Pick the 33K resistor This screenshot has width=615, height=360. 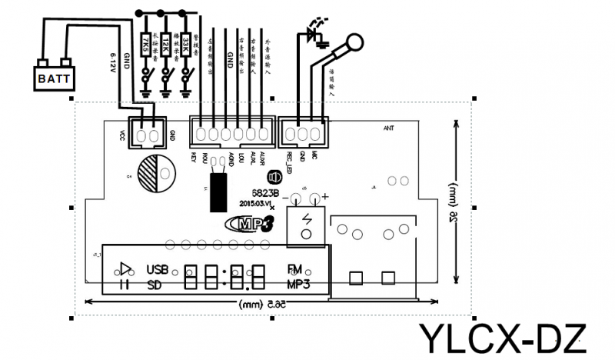click(x=185, y=44)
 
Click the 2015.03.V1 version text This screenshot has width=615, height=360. click(x=256, y=204)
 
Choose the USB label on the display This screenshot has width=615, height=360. click(x=156, y=269)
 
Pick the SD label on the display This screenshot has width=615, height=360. click(x=153, y=285)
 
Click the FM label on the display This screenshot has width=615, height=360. click(x=294, y=269)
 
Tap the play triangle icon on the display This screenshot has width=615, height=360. click(x=124, y=269)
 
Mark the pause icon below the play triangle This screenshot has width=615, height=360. click(x=123, y=285)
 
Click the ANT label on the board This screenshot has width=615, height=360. click(x=388, y=128)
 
